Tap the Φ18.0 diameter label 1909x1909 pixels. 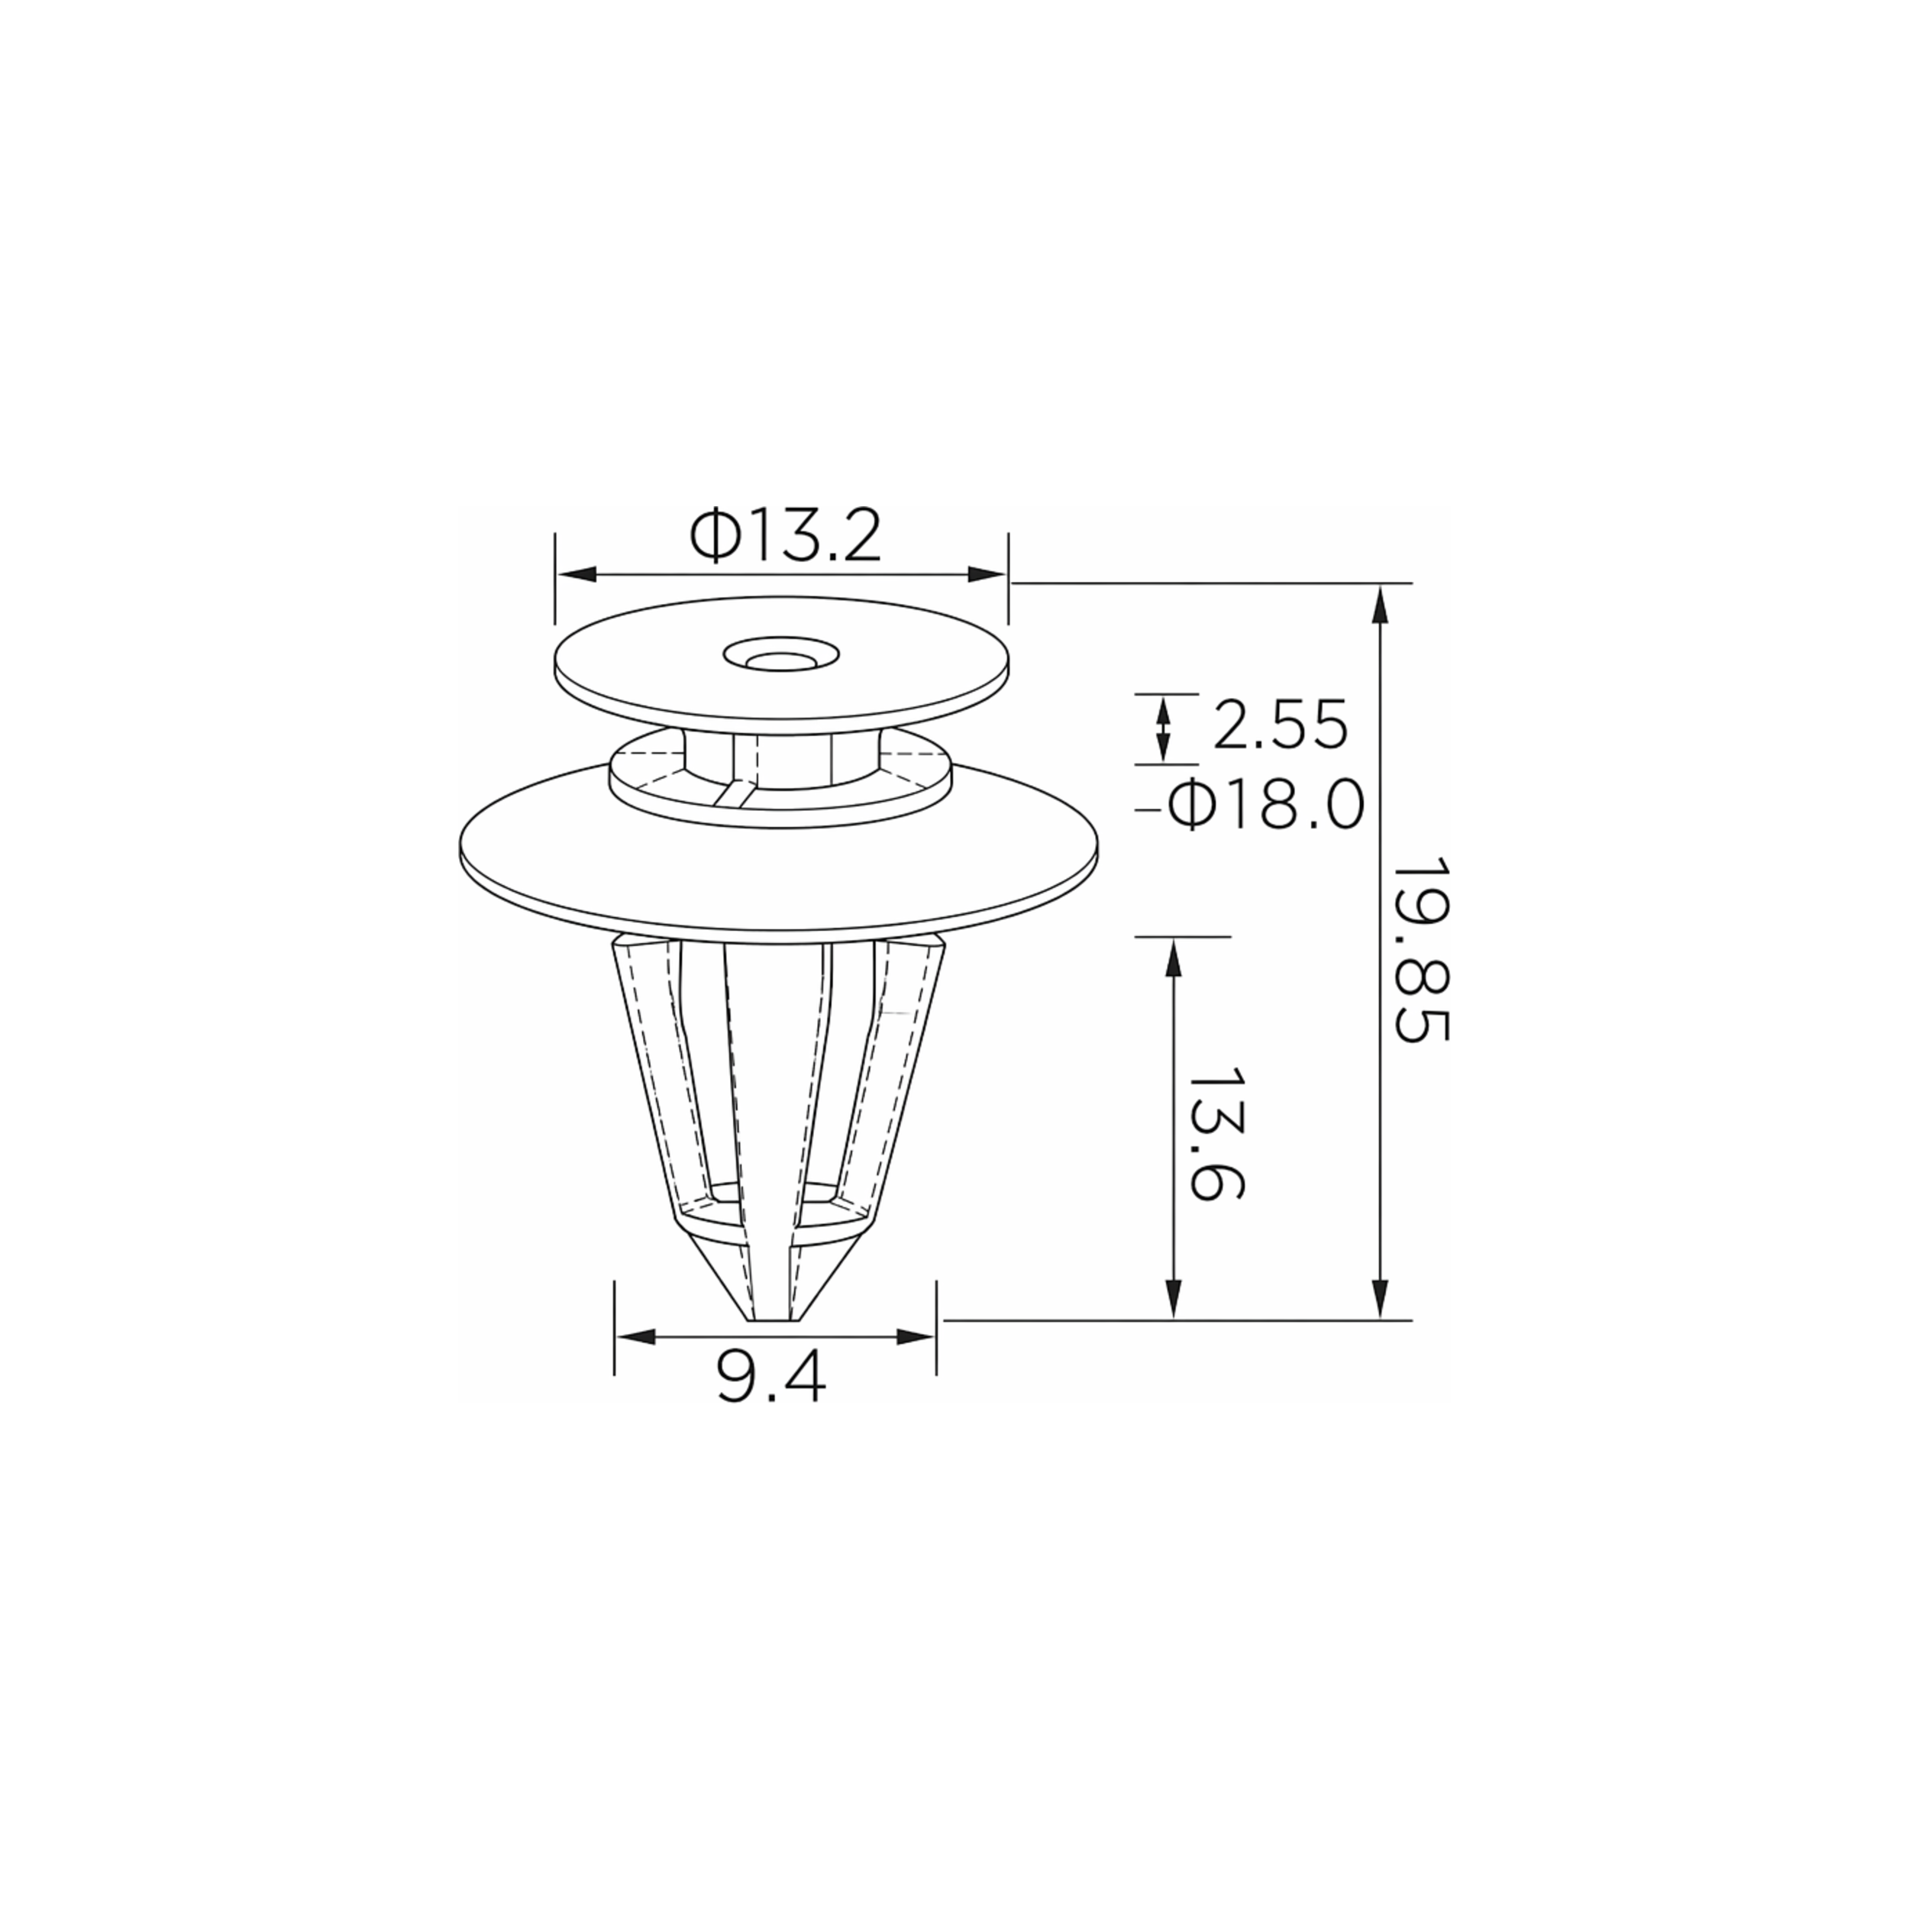pos(1266,806)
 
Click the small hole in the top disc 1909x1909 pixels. pos(780,656)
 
